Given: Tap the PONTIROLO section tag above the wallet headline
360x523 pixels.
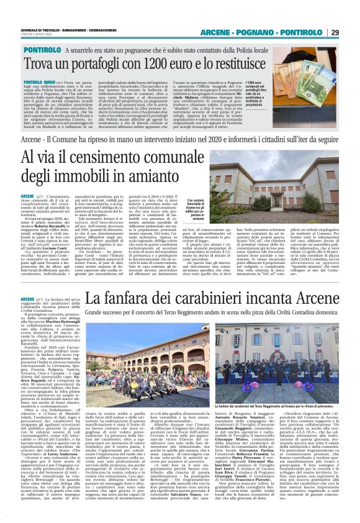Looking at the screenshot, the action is tap(43, 50).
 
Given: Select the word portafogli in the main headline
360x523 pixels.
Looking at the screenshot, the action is tap(83, 64).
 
